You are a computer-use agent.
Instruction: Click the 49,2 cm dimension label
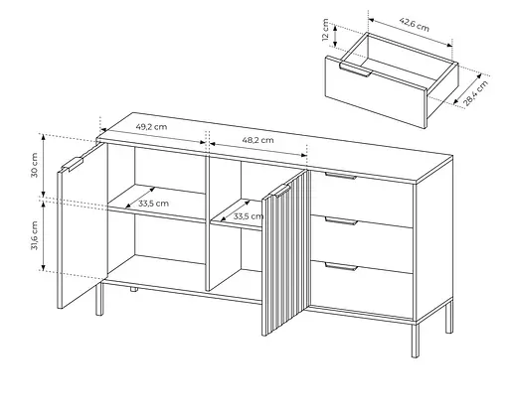coord(151,127)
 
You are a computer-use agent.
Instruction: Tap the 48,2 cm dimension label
coord(257,140)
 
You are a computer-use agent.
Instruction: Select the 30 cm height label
coord(35,165)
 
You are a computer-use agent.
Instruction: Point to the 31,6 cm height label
coord(35,235)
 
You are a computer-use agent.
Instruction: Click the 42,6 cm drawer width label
coord(415,25)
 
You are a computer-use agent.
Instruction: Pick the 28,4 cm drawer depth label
coord(475,93)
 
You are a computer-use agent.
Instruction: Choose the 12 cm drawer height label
coord(326,30)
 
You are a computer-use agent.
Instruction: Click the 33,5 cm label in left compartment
coord(153,204)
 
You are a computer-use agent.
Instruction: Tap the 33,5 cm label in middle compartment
coord(249,216)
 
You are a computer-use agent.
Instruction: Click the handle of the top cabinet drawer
coord(341,176)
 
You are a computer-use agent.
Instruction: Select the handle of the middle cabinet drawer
coord(341,221)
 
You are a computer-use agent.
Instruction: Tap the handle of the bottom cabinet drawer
coord(341,266)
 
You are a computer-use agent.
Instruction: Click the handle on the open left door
coord(72,165)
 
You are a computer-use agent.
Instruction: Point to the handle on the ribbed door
coord(281,191)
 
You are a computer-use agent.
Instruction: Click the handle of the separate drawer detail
coord(355,70)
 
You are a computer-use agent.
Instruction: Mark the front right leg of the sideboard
coord(416,341)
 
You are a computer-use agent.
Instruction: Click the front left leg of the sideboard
coord(99,298)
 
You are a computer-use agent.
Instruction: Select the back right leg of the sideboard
coord(449,317)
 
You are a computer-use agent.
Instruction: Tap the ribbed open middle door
coord(285,253)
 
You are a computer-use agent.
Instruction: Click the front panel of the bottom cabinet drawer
coord(361,290)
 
